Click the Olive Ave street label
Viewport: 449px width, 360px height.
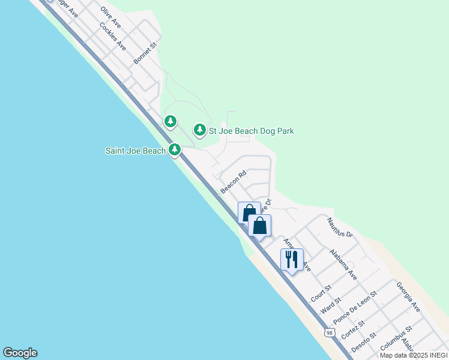point(112,18)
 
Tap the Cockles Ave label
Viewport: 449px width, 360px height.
point(113,37)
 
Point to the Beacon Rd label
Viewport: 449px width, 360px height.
point(234,183)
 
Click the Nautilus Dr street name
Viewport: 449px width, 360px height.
point(340,227)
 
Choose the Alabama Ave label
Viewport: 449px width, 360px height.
point(343,266)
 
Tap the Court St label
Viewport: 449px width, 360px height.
point(322,294)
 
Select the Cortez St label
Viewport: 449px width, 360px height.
point(352,331)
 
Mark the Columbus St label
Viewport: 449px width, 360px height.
point(396,339)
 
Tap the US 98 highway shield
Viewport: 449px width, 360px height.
point(328,332)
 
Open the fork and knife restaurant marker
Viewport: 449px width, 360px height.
point(292,260)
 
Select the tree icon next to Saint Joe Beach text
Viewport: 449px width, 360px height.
point(175,149)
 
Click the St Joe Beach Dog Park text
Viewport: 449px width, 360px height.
point(252,131)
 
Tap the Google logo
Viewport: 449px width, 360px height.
point(20,353)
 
